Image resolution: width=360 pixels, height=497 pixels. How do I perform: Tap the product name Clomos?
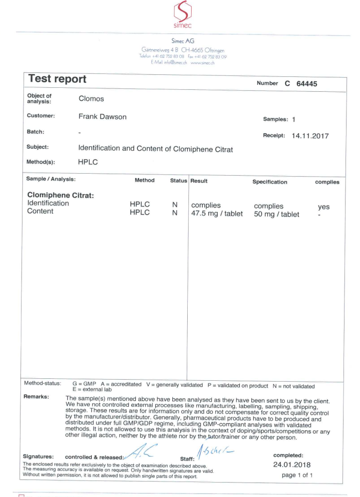93,99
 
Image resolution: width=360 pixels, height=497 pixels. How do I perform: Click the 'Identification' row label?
48,204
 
